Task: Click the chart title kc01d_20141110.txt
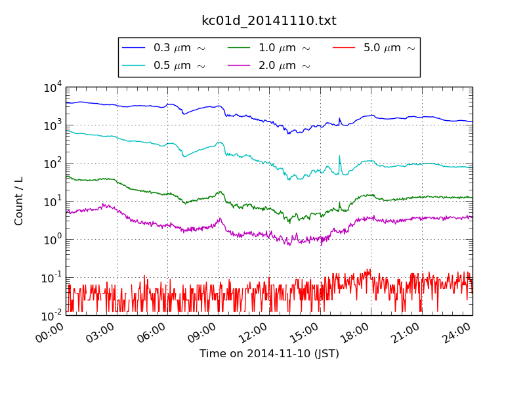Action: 268,21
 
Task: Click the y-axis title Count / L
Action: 19,201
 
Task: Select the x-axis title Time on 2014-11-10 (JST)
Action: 269,354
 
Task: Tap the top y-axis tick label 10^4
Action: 52,87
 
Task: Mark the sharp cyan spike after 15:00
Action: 339,158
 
